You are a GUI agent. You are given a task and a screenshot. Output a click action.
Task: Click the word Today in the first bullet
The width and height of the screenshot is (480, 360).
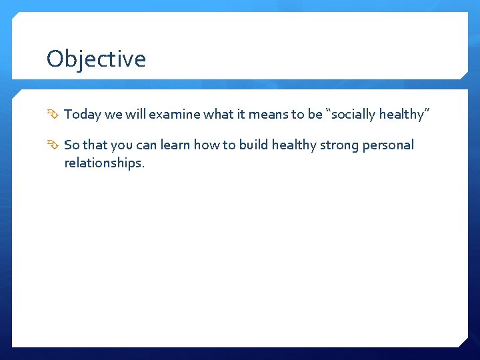click(x=83, y=115)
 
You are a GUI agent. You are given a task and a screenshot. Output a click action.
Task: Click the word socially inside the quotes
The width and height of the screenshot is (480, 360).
click(x=354, y=115)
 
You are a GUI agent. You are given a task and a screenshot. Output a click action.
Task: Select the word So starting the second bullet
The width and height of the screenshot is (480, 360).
click(x=71, y=145)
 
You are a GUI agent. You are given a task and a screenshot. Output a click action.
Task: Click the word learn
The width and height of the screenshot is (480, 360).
click(x=175, y=145)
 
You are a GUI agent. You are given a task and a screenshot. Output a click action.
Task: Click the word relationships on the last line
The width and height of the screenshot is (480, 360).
click(x=103, y=163)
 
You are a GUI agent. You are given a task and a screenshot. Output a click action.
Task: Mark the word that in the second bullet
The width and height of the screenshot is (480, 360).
click(x=95, y=145)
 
